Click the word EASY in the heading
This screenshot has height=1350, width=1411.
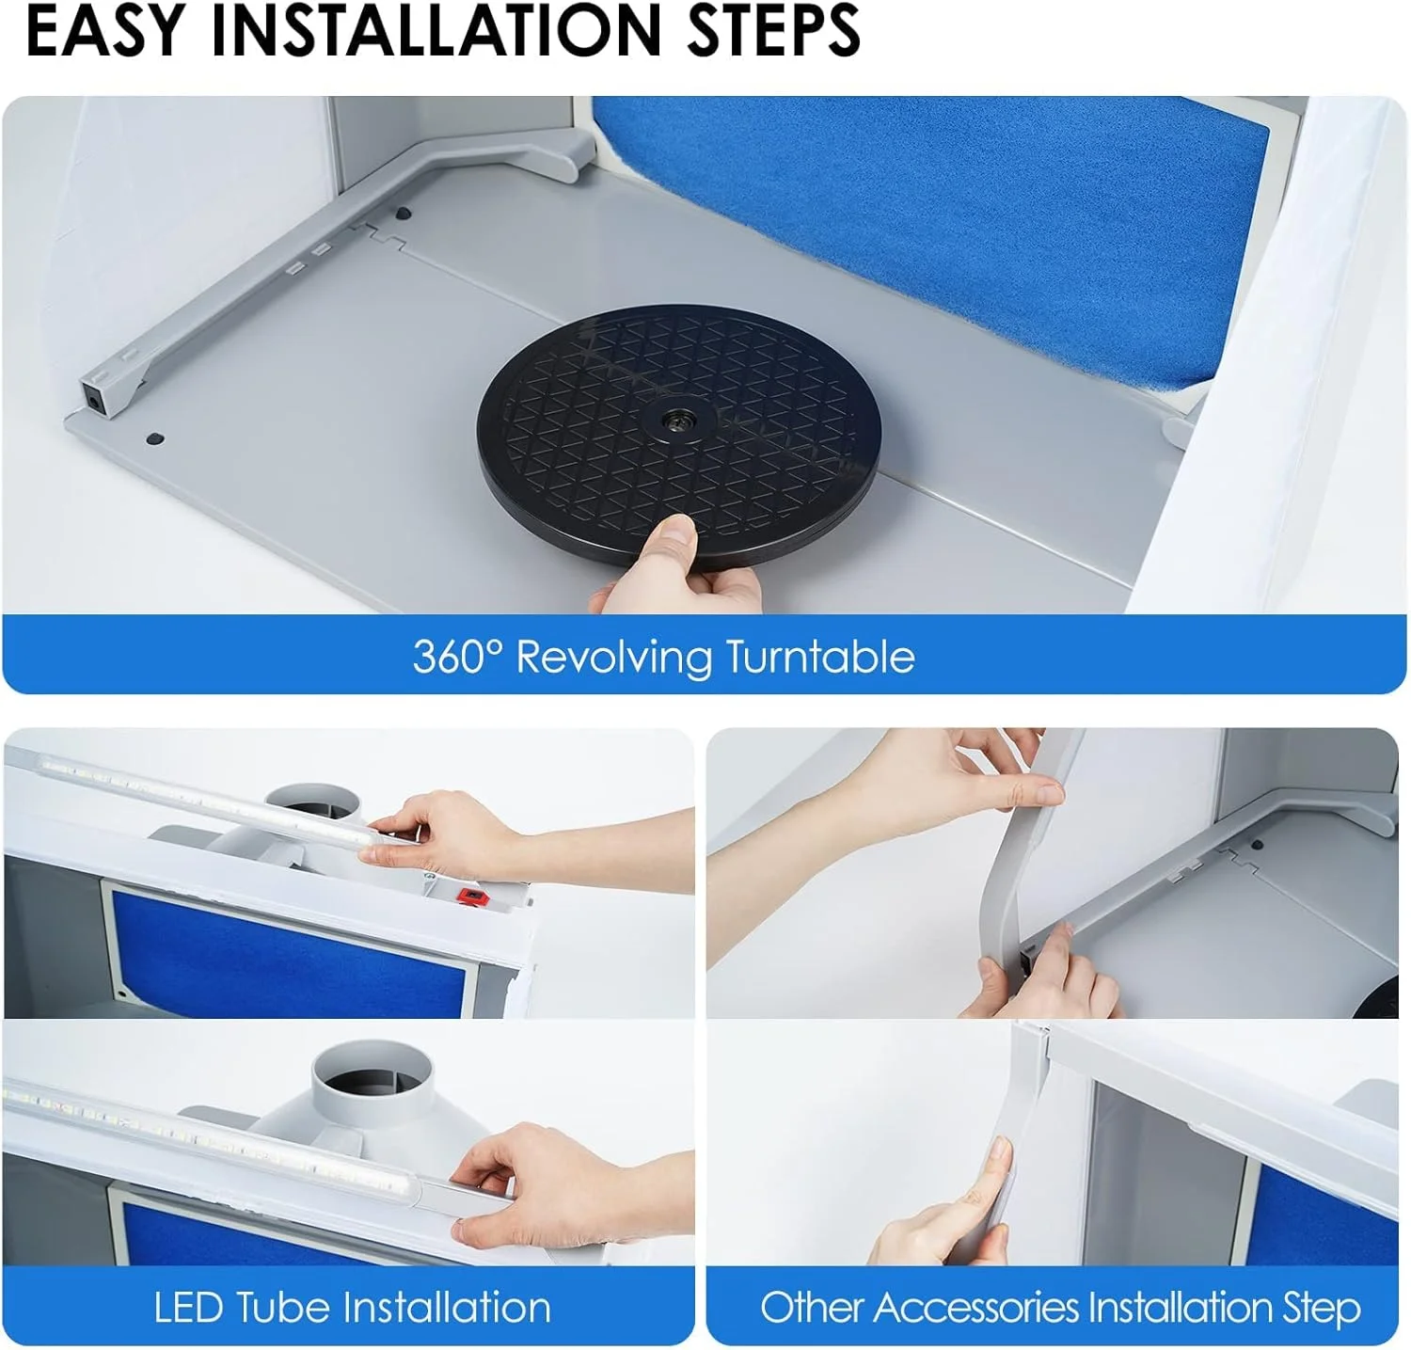click(104, 31)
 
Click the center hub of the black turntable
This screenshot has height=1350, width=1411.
click(674, 420)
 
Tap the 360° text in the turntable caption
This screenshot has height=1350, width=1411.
click(459, 656)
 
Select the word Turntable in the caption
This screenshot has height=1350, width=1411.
click(820, 656)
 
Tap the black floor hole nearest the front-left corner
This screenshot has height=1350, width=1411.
click(155, 438)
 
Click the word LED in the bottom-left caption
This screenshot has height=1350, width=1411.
click(189, 1308)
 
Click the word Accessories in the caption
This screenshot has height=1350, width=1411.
click(973, 1308)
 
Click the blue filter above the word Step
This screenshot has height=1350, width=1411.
click(1327, 1218)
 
